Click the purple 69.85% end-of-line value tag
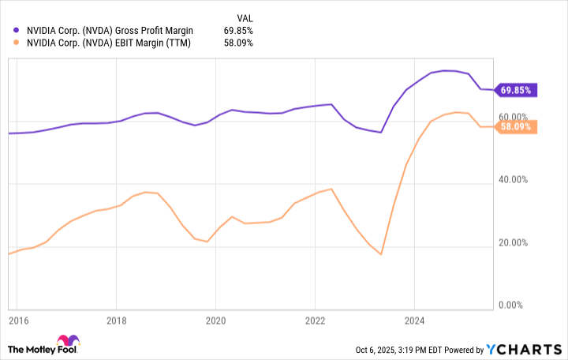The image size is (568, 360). point(517,91)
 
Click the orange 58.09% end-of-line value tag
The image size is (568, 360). point(517,127)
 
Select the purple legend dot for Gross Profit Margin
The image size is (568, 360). point(17,31)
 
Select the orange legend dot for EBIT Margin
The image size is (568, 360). point(17,43)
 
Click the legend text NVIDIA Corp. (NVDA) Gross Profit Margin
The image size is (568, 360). point(109,31)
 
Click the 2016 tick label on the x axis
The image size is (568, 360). point(18,321)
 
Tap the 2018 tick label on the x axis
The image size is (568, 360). point(117,321)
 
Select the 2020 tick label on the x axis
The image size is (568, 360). point(215,321)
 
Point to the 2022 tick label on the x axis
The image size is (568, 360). point(315,321)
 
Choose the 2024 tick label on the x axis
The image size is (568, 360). point(414,321)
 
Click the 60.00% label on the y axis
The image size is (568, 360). point(516,118)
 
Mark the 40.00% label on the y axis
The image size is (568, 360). point(516,180)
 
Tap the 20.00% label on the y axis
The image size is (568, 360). point(516,242)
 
